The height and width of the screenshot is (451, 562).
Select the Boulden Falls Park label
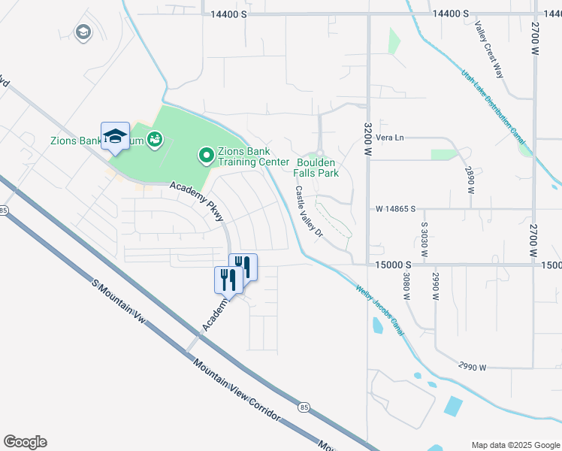pos(316,168)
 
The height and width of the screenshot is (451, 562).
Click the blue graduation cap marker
pos(115,136)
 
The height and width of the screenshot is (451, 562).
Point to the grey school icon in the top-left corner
pos(83,32)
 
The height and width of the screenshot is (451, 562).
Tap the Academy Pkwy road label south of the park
pos(197,202)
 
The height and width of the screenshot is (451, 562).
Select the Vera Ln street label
pos(389,138)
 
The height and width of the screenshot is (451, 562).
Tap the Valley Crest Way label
pos(488,49)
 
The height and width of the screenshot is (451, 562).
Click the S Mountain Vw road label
pos(119,306)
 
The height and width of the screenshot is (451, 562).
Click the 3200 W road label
pos(368,140)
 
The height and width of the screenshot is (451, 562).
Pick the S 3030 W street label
pos(424,240)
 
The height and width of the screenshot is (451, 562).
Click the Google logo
pos(25,442)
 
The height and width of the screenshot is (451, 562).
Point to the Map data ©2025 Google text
pos(515,444)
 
